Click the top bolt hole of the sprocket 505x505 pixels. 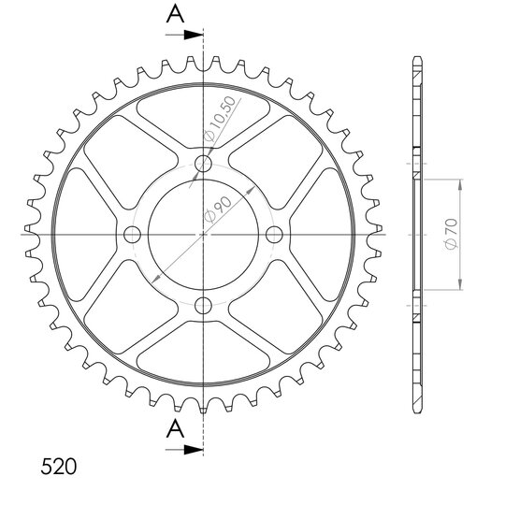click(x=203, y=164)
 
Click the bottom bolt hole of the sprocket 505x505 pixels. click(x=203, y=305)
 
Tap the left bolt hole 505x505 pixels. click(x=133, y=235)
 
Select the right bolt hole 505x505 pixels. click(x=274, y=235)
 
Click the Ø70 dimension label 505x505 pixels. click(x=452, y=234)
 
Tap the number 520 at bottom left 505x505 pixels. click(x=59, y=467)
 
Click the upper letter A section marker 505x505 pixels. click(x=175, y=14)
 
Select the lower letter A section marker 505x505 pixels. click(x=175, y=429)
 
